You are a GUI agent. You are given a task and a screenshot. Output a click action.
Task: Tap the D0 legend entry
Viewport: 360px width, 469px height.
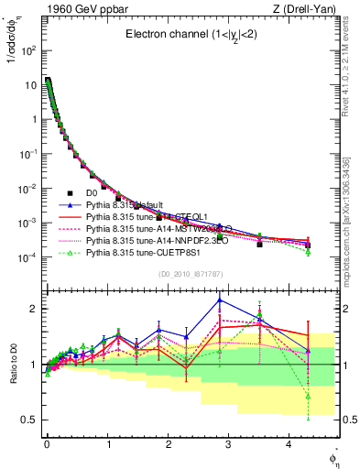coord(92,193)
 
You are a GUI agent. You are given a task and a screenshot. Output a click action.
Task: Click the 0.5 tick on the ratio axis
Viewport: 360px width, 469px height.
coord(29,420)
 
